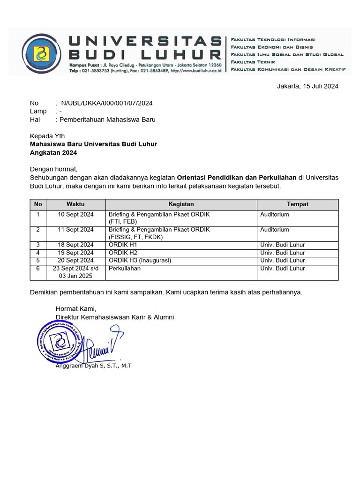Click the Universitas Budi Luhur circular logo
(x=42, y=52)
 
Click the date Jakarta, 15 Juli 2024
(x=307, y=86)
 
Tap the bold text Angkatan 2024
(x=53, y=152)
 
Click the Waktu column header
(x=75, y=204)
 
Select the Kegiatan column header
(x=181, y=204)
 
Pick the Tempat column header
(x=297, y=204)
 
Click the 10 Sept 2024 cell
(x=75, y=215)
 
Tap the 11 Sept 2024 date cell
(x=75, y=230)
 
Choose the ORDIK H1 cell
(x=123, y=245)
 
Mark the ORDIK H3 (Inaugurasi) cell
(x=140, y=260)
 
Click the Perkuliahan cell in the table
(x=125, y=269)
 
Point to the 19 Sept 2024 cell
(x=75, y=253)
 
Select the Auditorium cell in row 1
(x=275, y=215)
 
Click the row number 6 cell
(x=38, y=269)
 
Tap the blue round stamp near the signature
(x=60, y=342)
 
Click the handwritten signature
(x=103, y=347)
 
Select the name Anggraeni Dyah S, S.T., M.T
(x=94, y=366)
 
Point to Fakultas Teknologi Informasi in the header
(x=273, y=39)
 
